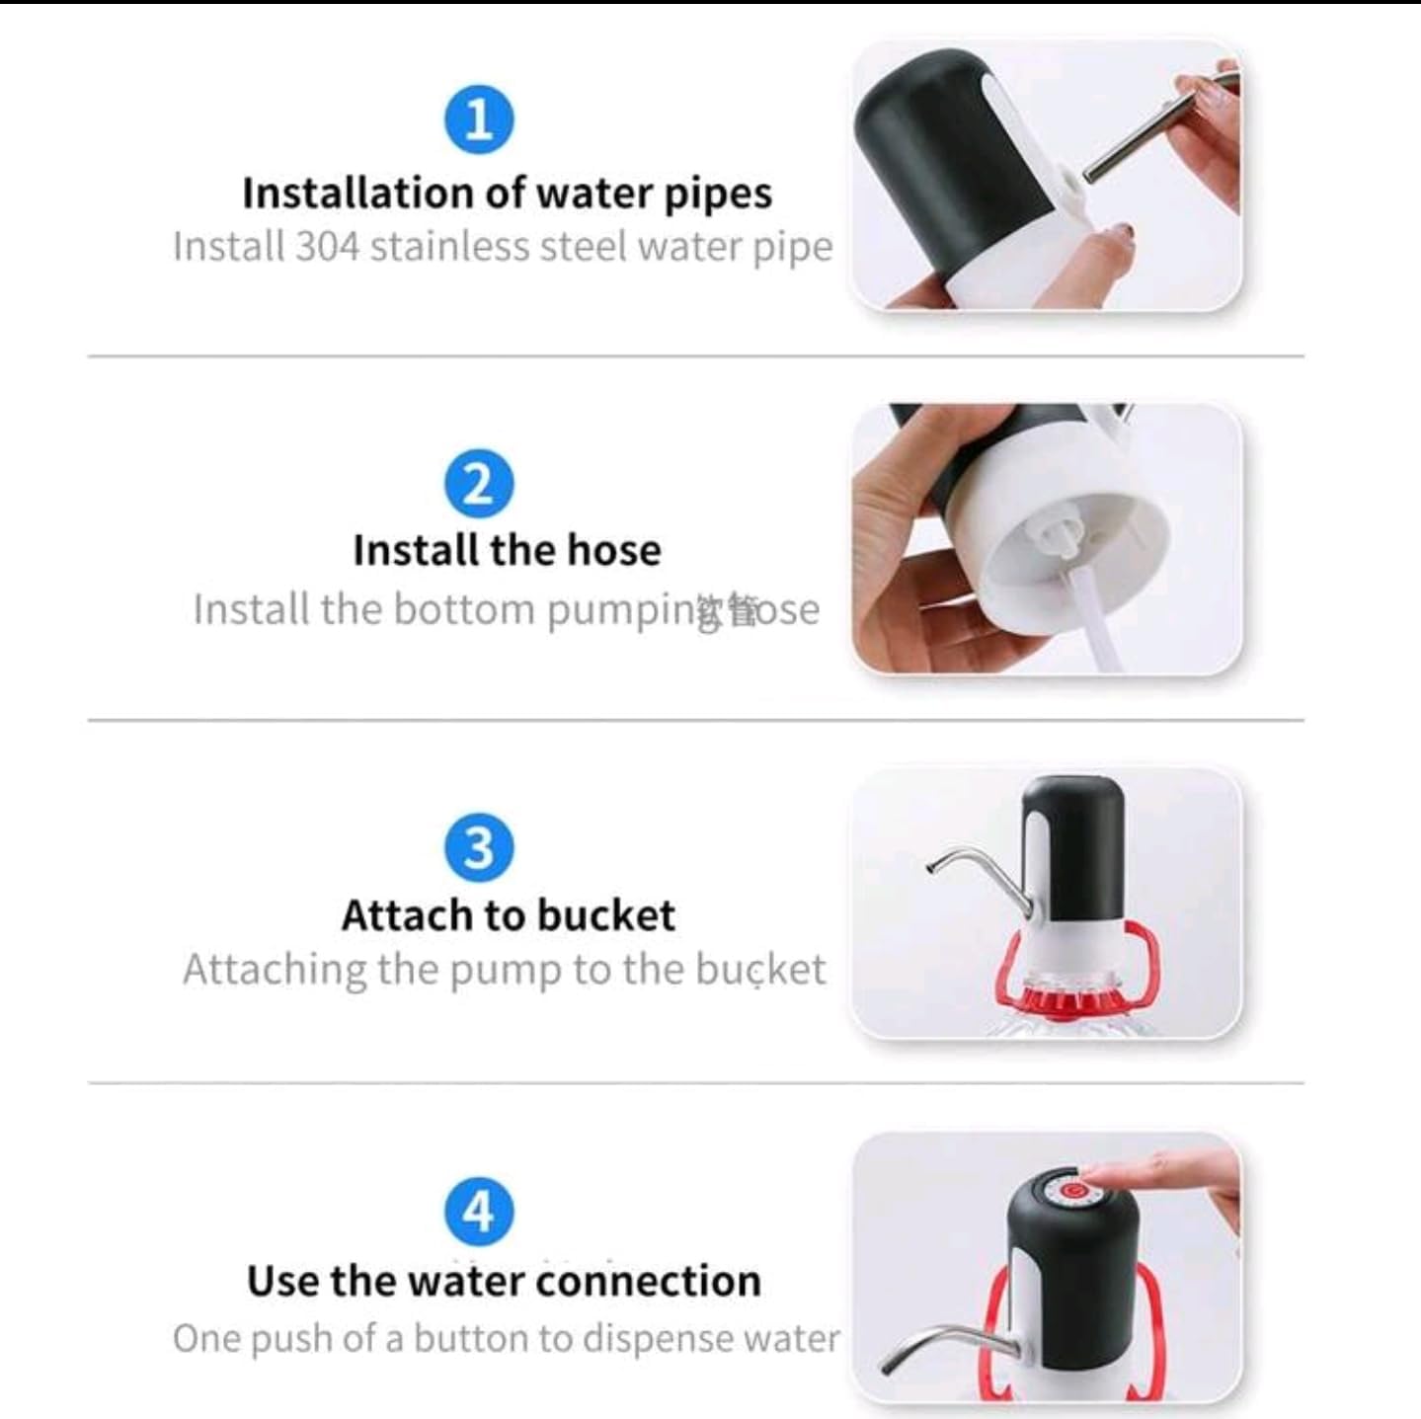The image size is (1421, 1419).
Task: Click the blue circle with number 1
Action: point(479,119)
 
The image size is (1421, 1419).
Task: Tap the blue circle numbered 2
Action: point(479,484)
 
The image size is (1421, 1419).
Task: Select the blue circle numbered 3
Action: point(479,847)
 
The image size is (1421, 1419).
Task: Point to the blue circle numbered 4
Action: point(479,1211)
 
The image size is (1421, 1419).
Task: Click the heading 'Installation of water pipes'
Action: point(507,193)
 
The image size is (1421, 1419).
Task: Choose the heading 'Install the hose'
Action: point(507,550)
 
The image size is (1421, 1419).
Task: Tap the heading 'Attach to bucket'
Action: point(508,915)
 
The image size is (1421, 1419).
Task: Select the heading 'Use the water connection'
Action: point(504,1281)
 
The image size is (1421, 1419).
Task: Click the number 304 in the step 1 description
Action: point(327,246)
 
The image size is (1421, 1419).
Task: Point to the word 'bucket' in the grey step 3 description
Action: point(759,970)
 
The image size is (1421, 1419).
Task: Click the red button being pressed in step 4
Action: point(1072,1189)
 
